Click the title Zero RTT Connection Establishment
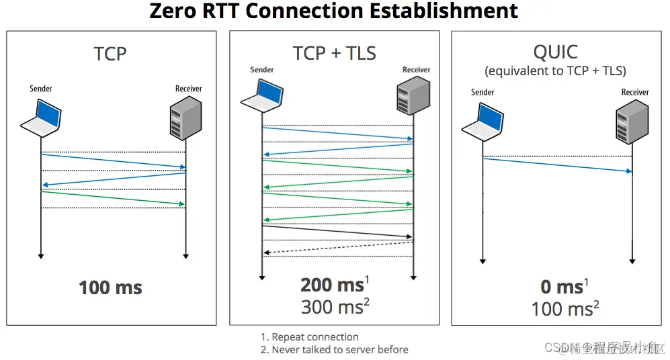coord(334,11)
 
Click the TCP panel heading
coord(110,53)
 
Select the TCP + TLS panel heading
coord(334,53)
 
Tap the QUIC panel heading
coord(556,52)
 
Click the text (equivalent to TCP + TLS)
coord(556,71)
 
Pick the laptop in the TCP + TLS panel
coord(261,95)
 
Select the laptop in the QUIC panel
coord(483,122)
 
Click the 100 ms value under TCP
coord(110,288)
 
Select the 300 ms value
coord(332,307)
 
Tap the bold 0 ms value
coord(562,287)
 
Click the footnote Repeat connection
coord(315,337)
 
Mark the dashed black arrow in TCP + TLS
coord(338,247)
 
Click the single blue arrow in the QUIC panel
coord(558,165)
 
